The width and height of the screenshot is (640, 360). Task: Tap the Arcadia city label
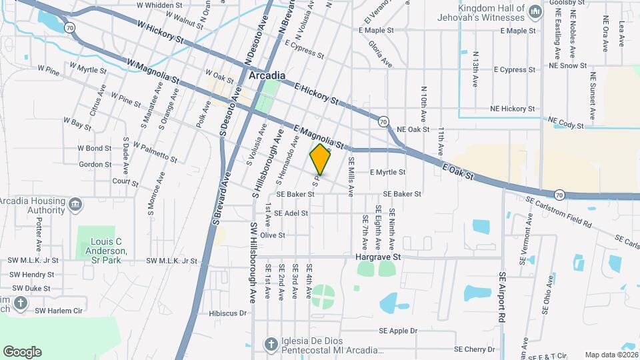point(267,76)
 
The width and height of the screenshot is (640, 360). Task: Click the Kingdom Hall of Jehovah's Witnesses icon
point(535,12)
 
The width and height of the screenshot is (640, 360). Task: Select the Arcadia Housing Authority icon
point(75,203)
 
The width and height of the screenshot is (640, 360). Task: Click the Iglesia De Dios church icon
point(270,345)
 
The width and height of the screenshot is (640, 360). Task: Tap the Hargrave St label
point(377,256)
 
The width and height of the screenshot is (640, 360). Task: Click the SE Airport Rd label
point(503,294)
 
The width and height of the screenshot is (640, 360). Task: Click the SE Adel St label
point(287,213)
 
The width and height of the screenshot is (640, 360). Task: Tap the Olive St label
point(272,235)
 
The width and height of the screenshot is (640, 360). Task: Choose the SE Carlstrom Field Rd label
point(558,213)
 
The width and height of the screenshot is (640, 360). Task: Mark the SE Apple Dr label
point(398,331)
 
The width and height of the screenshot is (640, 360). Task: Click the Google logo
point(22,351)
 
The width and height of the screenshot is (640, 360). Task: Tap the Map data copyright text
point(610,355)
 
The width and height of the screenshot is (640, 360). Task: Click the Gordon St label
point(95,165)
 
